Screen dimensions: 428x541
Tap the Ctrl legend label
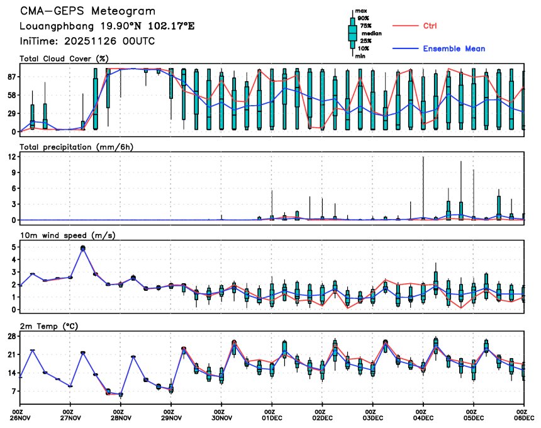(430, 26)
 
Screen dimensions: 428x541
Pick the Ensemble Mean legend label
(454, 48)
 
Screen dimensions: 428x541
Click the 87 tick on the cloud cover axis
(11, 77)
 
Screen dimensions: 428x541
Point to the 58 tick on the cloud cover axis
(11, 95)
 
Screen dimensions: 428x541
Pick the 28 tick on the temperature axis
(12, 337)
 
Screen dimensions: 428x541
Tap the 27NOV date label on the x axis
(70, 417)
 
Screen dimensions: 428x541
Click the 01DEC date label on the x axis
(272, 417)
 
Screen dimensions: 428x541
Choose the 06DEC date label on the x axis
(523, 417)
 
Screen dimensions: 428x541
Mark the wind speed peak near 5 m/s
(82, 248)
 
